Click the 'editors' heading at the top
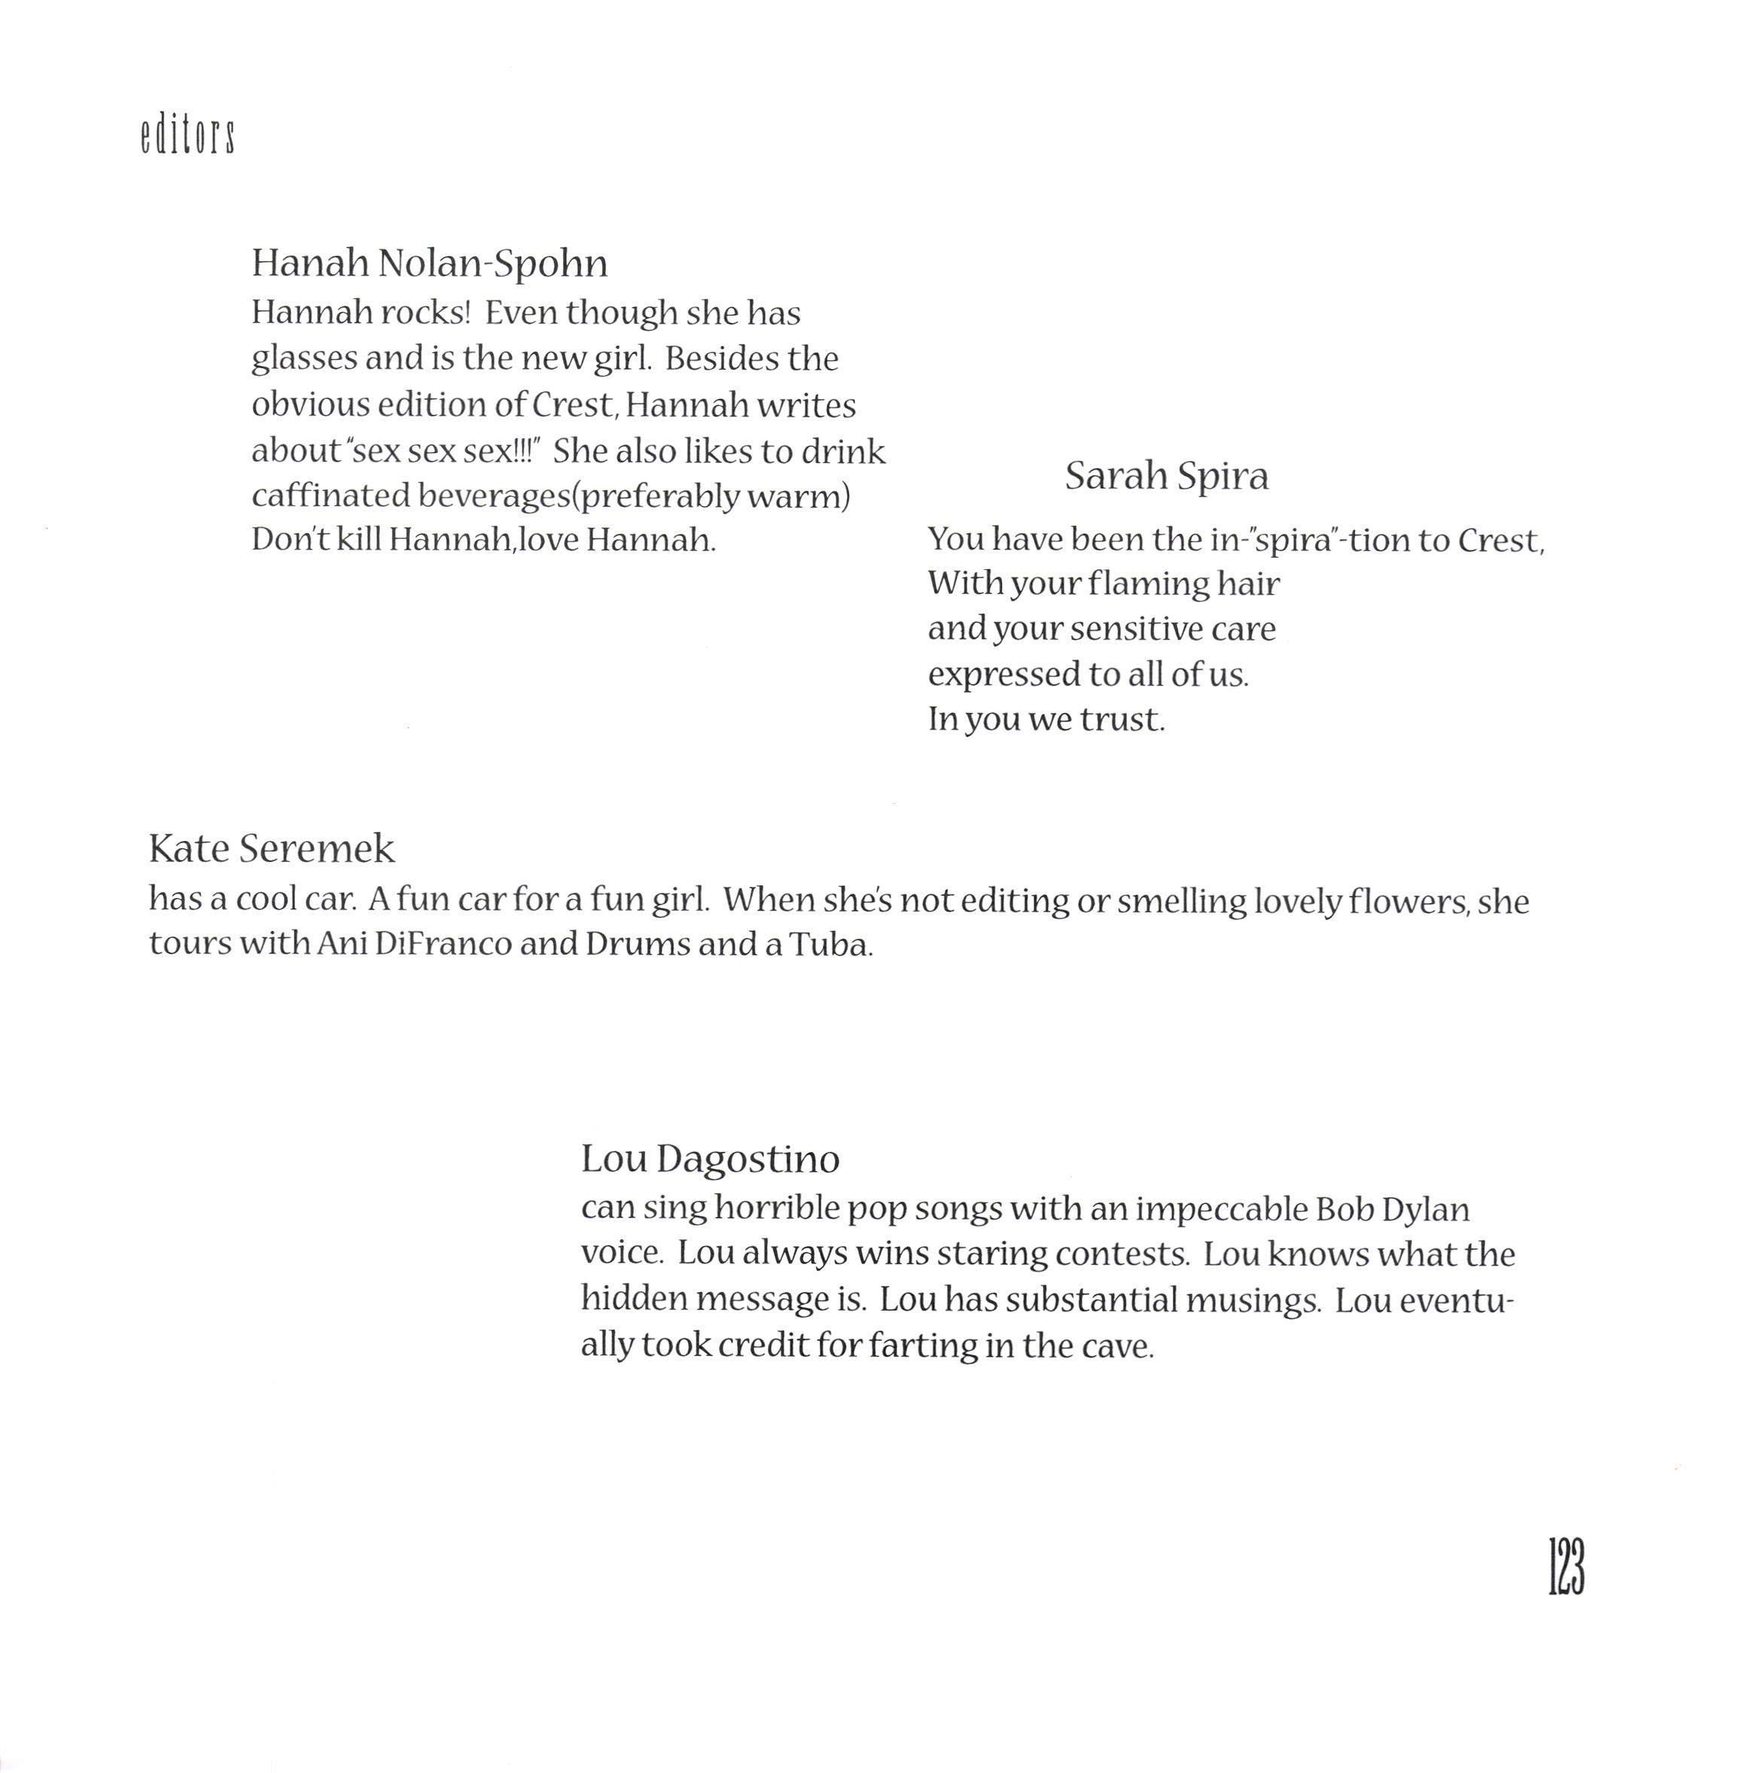coord(188,137)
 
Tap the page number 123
coord(1567,1567)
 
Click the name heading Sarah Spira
coord(1166,476)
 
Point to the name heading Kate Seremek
coord(271,848)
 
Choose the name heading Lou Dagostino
coord(710,1159)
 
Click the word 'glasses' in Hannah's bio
coord(303,359)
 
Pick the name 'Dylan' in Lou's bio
coord(1425,1209)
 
